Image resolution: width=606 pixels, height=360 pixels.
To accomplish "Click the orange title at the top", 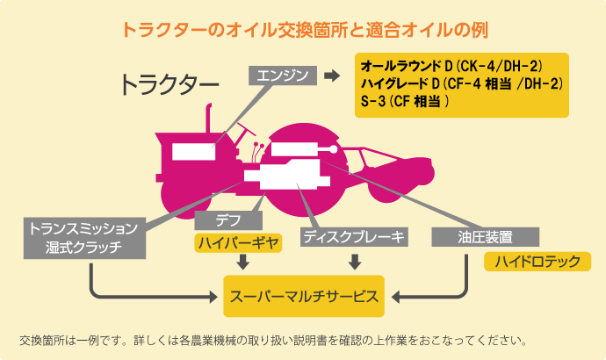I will (303, 28).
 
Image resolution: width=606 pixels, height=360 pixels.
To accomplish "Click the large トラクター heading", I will (169, 84).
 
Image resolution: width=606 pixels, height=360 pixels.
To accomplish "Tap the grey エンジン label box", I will (283, 76).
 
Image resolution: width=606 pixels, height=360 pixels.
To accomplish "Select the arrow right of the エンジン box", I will (331, 76).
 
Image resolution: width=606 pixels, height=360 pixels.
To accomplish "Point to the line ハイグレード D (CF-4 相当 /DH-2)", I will (460, 84).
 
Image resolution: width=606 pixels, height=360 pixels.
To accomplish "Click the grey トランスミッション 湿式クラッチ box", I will (83, 237).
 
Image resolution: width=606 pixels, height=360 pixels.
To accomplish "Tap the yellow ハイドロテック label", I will (537, 261).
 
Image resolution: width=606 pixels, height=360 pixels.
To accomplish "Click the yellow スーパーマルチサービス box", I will (304, 296).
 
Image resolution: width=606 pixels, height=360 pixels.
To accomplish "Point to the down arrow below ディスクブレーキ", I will (355, 261).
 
